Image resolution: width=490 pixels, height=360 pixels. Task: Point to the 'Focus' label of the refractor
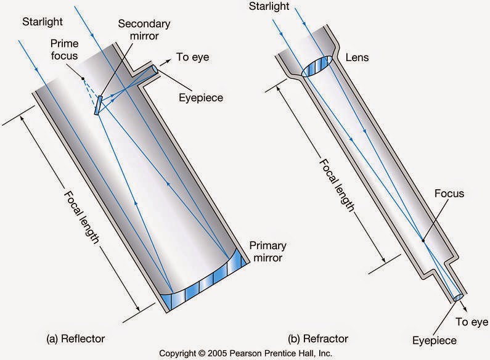[449, 194]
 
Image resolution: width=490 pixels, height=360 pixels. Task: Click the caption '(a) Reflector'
[76, 338]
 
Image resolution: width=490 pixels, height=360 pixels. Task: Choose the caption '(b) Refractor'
[318, 338]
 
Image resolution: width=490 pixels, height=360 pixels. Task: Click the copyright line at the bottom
[245, 353]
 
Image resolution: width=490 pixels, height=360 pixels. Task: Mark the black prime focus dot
[81, 78]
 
